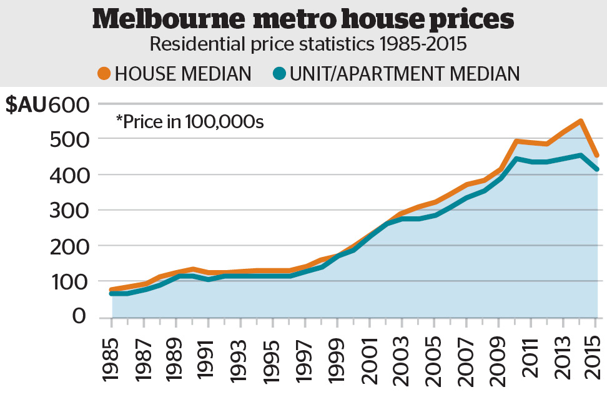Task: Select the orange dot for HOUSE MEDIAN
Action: tap(104, 74)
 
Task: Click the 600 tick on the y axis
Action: tap(70, 104)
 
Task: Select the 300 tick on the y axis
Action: tap(70, 211)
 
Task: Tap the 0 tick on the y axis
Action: tap(79, 316)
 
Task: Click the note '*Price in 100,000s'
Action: tap(190, 121)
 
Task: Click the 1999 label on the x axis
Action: tap(338, 361)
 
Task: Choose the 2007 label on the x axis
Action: tap(466, 361)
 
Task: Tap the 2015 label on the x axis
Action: tap(595, 361)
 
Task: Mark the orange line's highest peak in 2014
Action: tap(580, 121)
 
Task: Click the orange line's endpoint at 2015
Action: tap(596, 155)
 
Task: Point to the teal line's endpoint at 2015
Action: tap(596, 169)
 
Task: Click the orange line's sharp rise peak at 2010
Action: tap(516, 141)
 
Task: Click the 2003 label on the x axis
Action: tap(402, 361)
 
